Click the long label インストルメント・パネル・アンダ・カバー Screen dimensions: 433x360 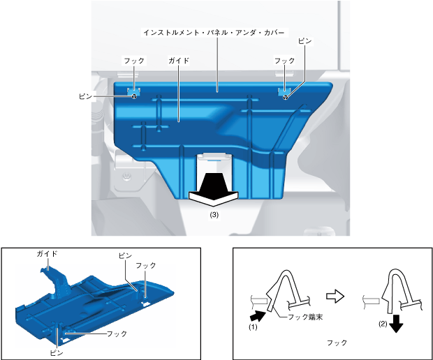(214, 33)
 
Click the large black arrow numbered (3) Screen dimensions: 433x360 (213, 189)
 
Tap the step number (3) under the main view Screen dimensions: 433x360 (214, 215)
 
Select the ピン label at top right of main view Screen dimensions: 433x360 (305, 41)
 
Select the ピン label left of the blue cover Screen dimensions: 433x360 (86, 96)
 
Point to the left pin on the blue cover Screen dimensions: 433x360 (134, 96)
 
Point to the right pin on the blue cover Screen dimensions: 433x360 (286, 97)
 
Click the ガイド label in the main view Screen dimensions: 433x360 (179, 61)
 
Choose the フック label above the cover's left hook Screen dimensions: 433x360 (134, 61)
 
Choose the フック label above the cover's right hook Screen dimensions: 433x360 (284, 61)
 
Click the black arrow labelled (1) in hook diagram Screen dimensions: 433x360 (258, 315)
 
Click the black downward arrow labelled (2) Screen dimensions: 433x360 (397, 323)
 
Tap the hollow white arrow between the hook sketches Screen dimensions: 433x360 (335, 297)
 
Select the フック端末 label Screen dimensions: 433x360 (305, 317)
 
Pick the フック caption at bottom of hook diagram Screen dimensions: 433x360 (337, 343)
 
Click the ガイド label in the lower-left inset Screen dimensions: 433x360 (47, 253)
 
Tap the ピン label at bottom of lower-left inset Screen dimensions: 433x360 (57, 352)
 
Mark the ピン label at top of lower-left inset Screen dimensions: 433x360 (126, 256)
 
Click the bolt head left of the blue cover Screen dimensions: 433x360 (126, 177)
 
